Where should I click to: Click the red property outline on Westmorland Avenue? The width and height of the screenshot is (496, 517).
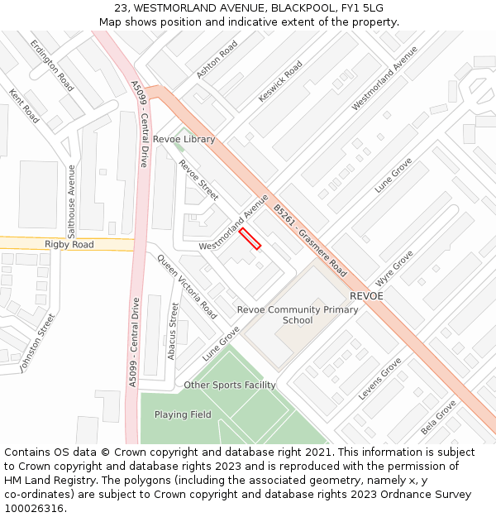(x=250, y=238)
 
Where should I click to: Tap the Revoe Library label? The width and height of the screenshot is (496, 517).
(x=184, y=139)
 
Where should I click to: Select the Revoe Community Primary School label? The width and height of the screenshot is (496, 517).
(x=298, y=315)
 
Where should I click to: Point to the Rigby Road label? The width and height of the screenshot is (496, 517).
(x=69, y=245)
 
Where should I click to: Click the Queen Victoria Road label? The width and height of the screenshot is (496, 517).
(x=187, y=286)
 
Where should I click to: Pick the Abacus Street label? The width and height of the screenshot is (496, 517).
(x=174, y=330)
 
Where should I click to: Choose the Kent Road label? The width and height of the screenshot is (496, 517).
(x=24, y=106)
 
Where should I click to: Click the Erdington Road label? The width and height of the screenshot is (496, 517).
(x=52, y=65)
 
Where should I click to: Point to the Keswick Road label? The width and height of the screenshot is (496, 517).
(x=280, y=80)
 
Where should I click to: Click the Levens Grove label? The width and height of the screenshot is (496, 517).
(x=380, y=379)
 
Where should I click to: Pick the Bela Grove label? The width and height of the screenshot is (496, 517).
(x=438, y=418)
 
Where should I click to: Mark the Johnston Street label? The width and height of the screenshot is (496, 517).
(x=37, y=341)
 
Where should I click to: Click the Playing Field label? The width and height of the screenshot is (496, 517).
(x=183, y=414)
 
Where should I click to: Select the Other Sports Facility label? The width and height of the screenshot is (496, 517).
(x=230, y=385)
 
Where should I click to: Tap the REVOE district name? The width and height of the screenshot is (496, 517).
(x=366, y=295)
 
